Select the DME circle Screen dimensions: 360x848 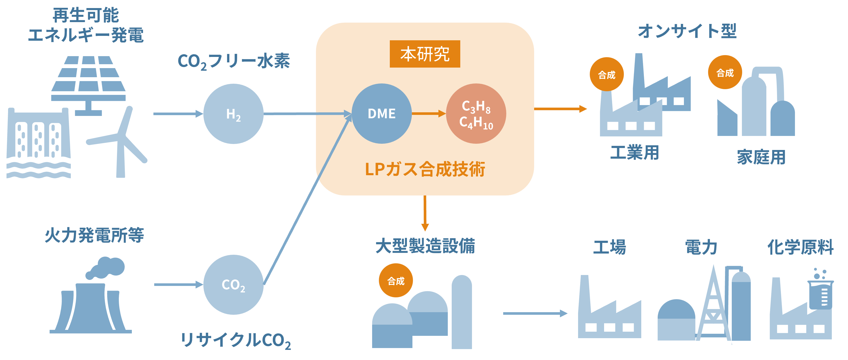[x=381, y=114]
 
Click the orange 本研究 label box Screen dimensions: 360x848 [x=425, y=54]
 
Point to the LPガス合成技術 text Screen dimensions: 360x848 [x=425, y=169]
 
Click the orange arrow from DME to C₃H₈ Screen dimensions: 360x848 [x=428, y=114]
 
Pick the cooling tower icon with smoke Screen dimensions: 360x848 [x=91, y=303]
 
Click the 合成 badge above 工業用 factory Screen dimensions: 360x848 [x=606, y=75]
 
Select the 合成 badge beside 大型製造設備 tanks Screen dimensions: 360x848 [x=396, y=281]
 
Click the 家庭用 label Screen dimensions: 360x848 [x=761, y=157]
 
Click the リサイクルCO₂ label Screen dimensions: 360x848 [x=235, y=340]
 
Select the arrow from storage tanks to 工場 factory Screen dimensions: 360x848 [x=535, y=313]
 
